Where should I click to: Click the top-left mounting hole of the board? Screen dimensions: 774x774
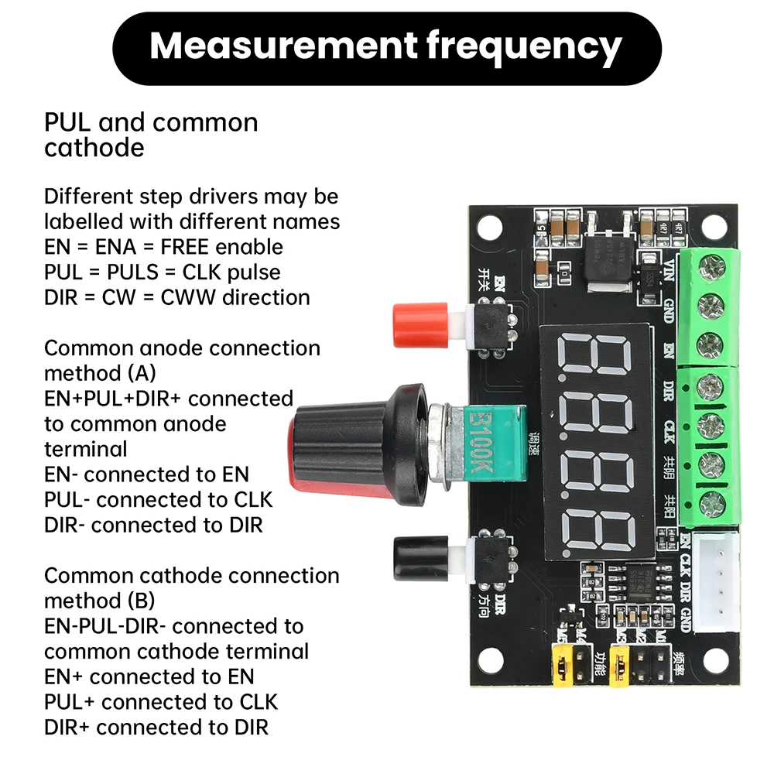[489, 226]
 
